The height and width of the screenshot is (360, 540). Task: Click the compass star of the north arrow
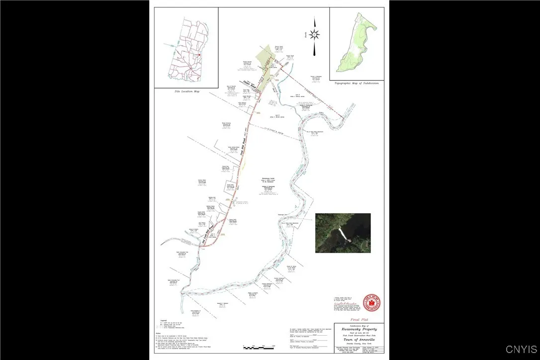(x=314, y=34)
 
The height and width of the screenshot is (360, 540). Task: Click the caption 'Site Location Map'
(x=186, y=91)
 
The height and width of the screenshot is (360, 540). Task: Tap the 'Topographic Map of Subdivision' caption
(x=356, y=83)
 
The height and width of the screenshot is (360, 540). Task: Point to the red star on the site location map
(x=198, y=54)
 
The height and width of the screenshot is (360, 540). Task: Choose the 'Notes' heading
(x=159, y=333)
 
